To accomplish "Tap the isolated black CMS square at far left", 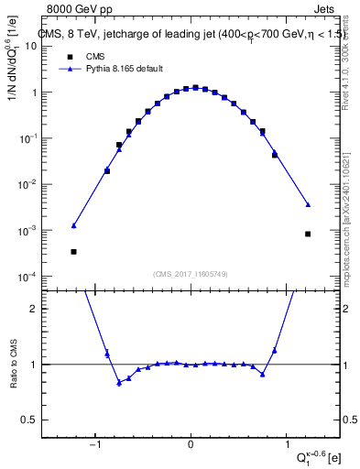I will point(73,251).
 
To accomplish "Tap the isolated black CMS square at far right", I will point(308,234).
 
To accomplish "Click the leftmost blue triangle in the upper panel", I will point(73,225).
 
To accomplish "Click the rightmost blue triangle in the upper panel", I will point(308,204).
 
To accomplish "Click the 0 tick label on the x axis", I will point(191,447).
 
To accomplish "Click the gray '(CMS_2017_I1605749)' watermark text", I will point(191,275).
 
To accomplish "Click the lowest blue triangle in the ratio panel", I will point(119,382).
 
